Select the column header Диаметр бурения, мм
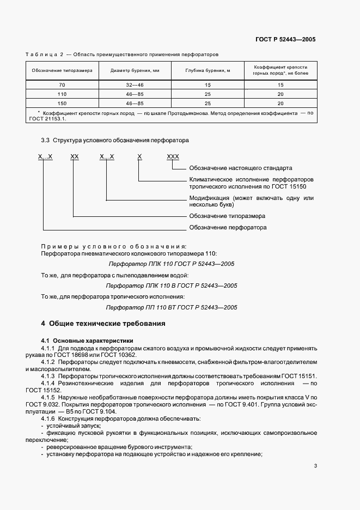point(135,71)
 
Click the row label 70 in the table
point(62,85)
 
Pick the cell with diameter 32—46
point(135,85)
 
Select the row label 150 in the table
point(62,102)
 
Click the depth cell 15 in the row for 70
point(208,85)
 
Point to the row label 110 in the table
point(62,94)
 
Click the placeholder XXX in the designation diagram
point(173,156)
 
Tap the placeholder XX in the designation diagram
point(75,156)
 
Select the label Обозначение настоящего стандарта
point(241,168)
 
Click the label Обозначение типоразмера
point(227,216)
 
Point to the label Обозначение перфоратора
point(228,227)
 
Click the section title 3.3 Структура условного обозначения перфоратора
point(115,140)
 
